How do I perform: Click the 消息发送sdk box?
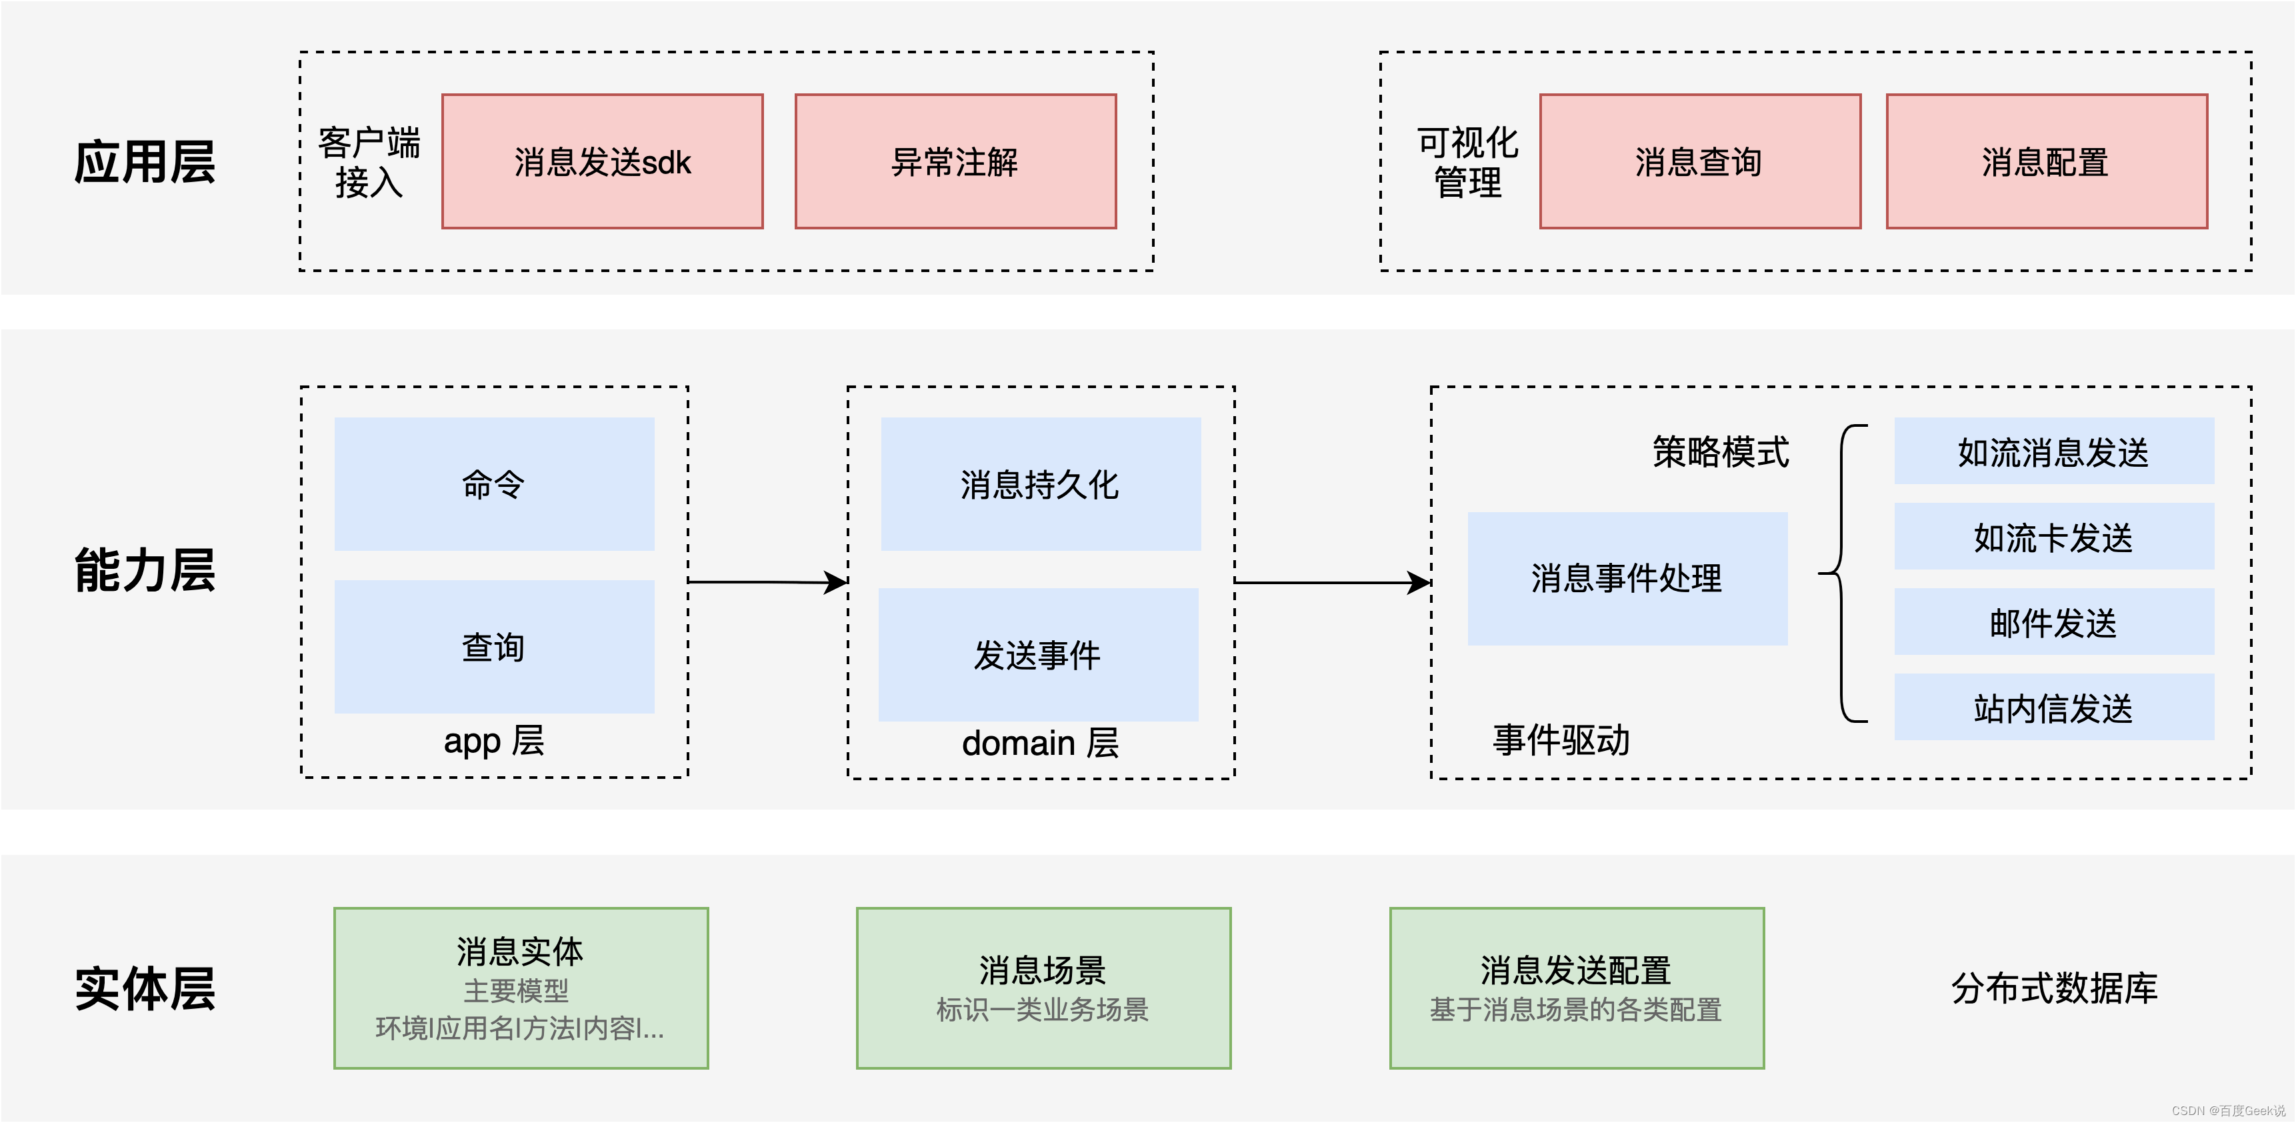[603, 161]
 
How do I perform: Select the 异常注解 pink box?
[955, 161]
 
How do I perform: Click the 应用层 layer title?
[145, 162]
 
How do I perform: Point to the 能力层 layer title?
[145, 570]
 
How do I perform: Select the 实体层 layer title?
[145, 988]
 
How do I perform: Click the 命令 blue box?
[494, 484]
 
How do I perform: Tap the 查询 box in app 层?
[494, 646]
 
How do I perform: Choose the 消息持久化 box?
[1040, 484]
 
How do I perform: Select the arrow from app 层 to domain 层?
[767, 582]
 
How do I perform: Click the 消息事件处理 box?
[1627, 578]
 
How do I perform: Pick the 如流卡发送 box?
[2053, 537]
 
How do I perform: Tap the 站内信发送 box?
[2053, 707]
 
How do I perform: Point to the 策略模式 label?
[1720, 452]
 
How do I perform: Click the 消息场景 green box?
[1043, 988]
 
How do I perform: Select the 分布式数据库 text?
[2053, 988]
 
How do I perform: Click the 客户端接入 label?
[369, 161]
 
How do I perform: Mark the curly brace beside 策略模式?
[1842, 573]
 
